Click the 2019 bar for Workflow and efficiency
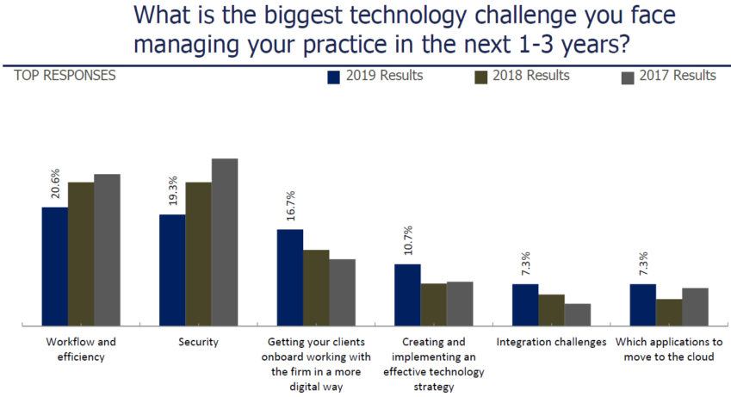coord(54,266)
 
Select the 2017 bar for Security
coord(224,242)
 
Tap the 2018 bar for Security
coord(198,254)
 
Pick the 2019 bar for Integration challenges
coord(525,304)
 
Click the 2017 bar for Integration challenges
coord(577,314)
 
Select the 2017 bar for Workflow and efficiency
coord(107,250)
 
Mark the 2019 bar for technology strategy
coord(407,295)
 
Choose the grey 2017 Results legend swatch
coord(629,77)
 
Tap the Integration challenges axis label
coord(551,342)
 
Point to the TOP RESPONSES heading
coord(64,76)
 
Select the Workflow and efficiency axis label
coord(80,349)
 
